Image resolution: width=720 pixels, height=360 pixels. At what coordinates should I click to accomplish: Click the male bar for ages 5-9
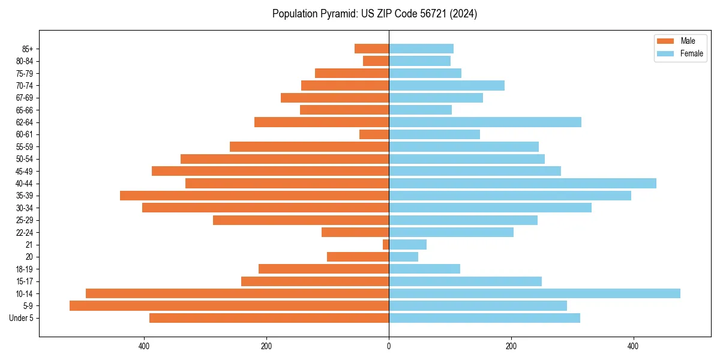click(229, 305)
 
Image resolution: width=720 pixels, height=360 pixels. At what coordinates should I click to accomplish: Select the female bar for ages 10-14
click(535, 293)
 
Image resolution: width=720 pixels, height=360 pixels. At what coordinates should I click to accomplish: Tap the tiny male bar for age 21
click(386, 244)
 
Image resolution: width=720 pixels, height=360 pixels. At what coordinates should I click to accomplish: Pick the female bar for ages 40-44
click(523, 183)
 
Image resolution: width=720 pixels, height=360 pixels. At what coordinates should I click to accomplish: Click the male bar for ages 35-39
click(254, 196)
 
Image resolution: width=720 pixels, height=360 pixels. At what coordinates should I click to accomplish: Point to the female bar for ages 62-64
click(485, 122)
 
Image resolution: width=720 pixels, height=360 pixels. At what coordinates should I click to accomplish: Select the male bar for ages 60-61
click(374, 134)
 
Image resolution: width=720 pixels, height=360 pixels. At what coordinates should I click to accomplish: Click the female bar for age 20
click(403, 257)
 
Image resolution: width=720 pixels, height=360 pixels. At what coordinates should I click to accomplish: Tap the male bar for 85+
click(371, 49)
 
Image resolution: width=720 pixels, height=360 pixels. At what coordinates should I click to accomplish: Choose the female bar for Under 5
click(484, 318)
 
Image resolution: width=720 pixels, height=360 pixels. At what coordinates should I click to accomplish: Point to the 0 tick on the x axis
click(389, 346)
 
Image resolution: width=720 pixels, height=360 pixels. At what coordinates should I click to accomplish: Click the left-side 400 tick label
click(144, 346)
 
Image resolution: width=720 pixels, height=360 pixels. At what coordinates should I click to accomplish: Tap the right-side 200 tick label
click(511, 346)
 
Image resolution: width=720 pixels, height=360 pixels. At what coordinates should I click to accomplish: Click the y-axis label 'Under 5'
click(21, 318)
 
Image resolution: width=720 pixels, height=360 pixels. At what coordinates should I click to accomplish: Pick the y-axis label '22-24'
click(24, 232)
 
